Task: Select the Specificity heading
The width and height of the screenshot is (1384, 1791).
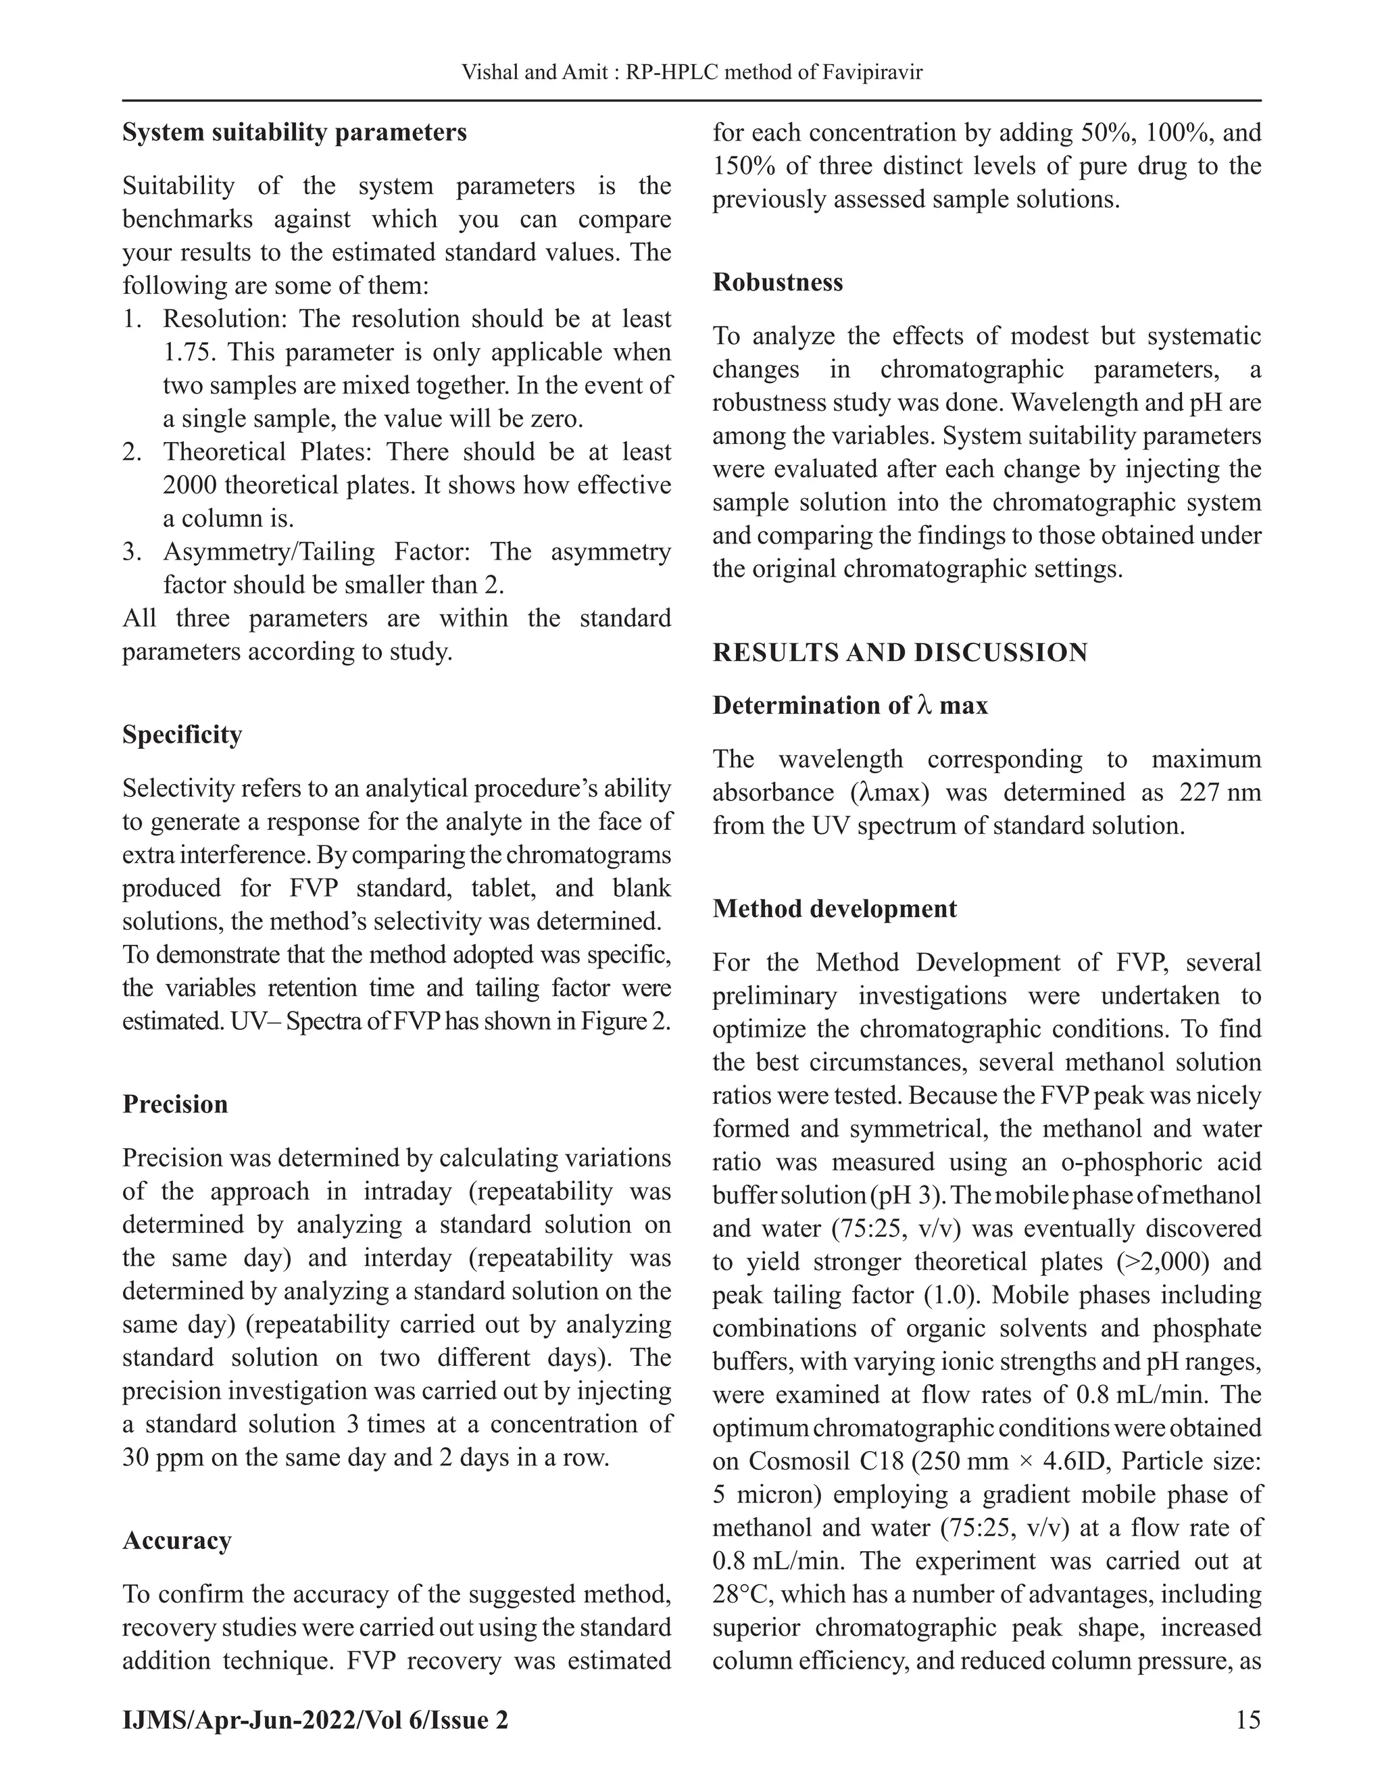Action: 182,734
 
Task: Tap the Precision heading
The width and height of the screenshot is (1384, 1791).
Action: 174,1104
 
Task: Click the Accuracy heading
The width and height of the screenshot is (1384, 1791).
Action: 176,1541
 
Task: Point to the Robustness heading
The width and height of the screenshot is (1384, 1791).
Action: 777,282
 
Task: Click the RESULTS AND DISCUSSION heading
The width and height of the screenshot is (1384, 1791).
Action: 899,653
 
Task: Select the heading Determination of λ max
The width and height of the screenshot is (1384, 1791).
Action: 849,705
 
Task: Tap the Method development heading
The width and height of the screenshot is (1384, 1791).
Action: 834,908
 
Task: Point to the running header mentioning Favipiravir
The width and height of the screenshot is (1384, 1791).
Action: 692,73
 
